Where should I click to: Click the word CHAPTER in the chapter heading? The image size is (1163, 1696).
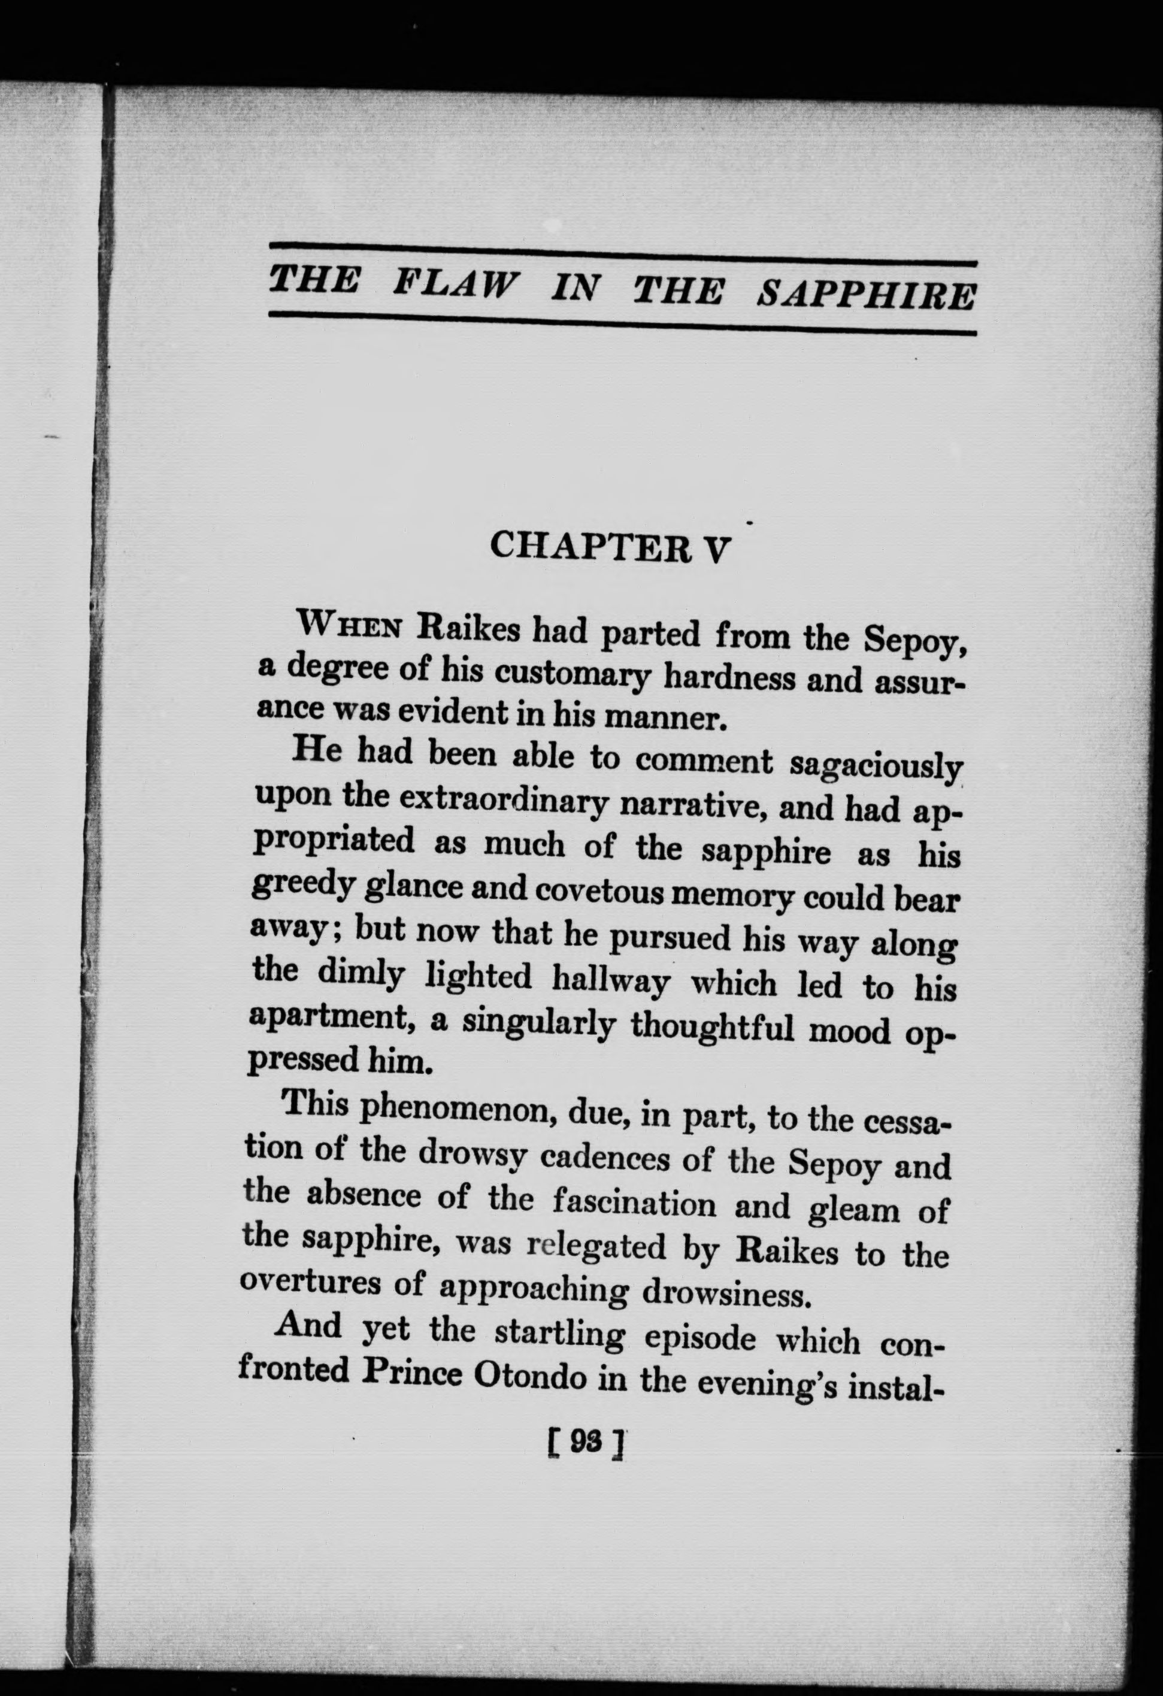click(x=589, y=547)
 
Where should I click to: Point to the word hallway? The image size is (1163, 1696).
click(x=611, y=981)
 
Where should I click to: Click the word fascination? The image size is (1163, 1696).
click(x=634, y=1204)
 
